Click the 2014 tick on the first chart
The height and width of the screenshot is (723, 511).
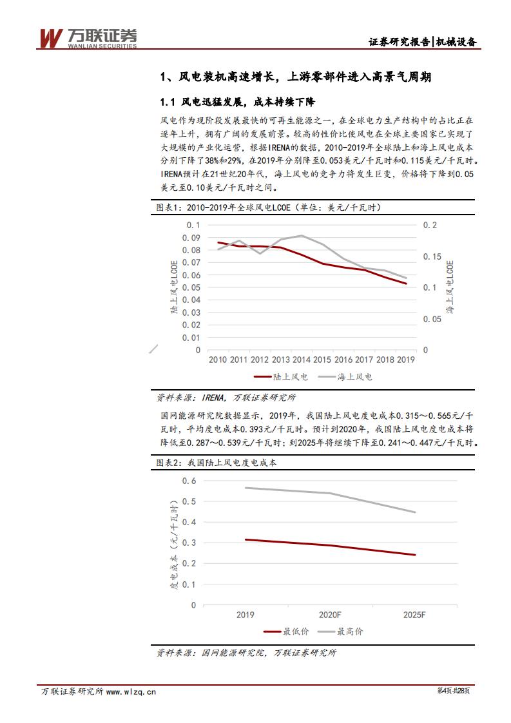pyautogui.click(x=301, y=360)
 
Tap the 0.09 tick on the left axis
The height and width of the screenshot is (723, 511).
pyautogui.click(x=193, y=238)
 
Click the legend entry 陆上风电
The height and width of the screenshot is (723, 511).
pyautogui.click(x=281, y=377)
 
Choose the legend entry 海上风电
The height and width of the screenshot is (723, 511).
pyautogui.click(x=347, y=377)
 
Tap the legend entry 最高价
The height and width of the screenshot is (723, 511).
pyautogui.click(x=341, y=631)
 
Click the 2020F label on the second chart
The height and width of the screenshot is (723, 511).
pyautogui.click(x=329, y=615)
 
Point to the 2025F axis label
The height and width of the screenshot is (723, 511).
pyautogui.click(x=414, y=615)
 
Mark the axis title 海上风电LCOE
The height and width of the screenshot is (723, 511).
pyautogui.click(x=450, y=287)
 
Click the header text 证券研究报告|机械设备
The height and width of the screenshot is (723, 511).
pyautogui.click(x=422, y=43)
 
